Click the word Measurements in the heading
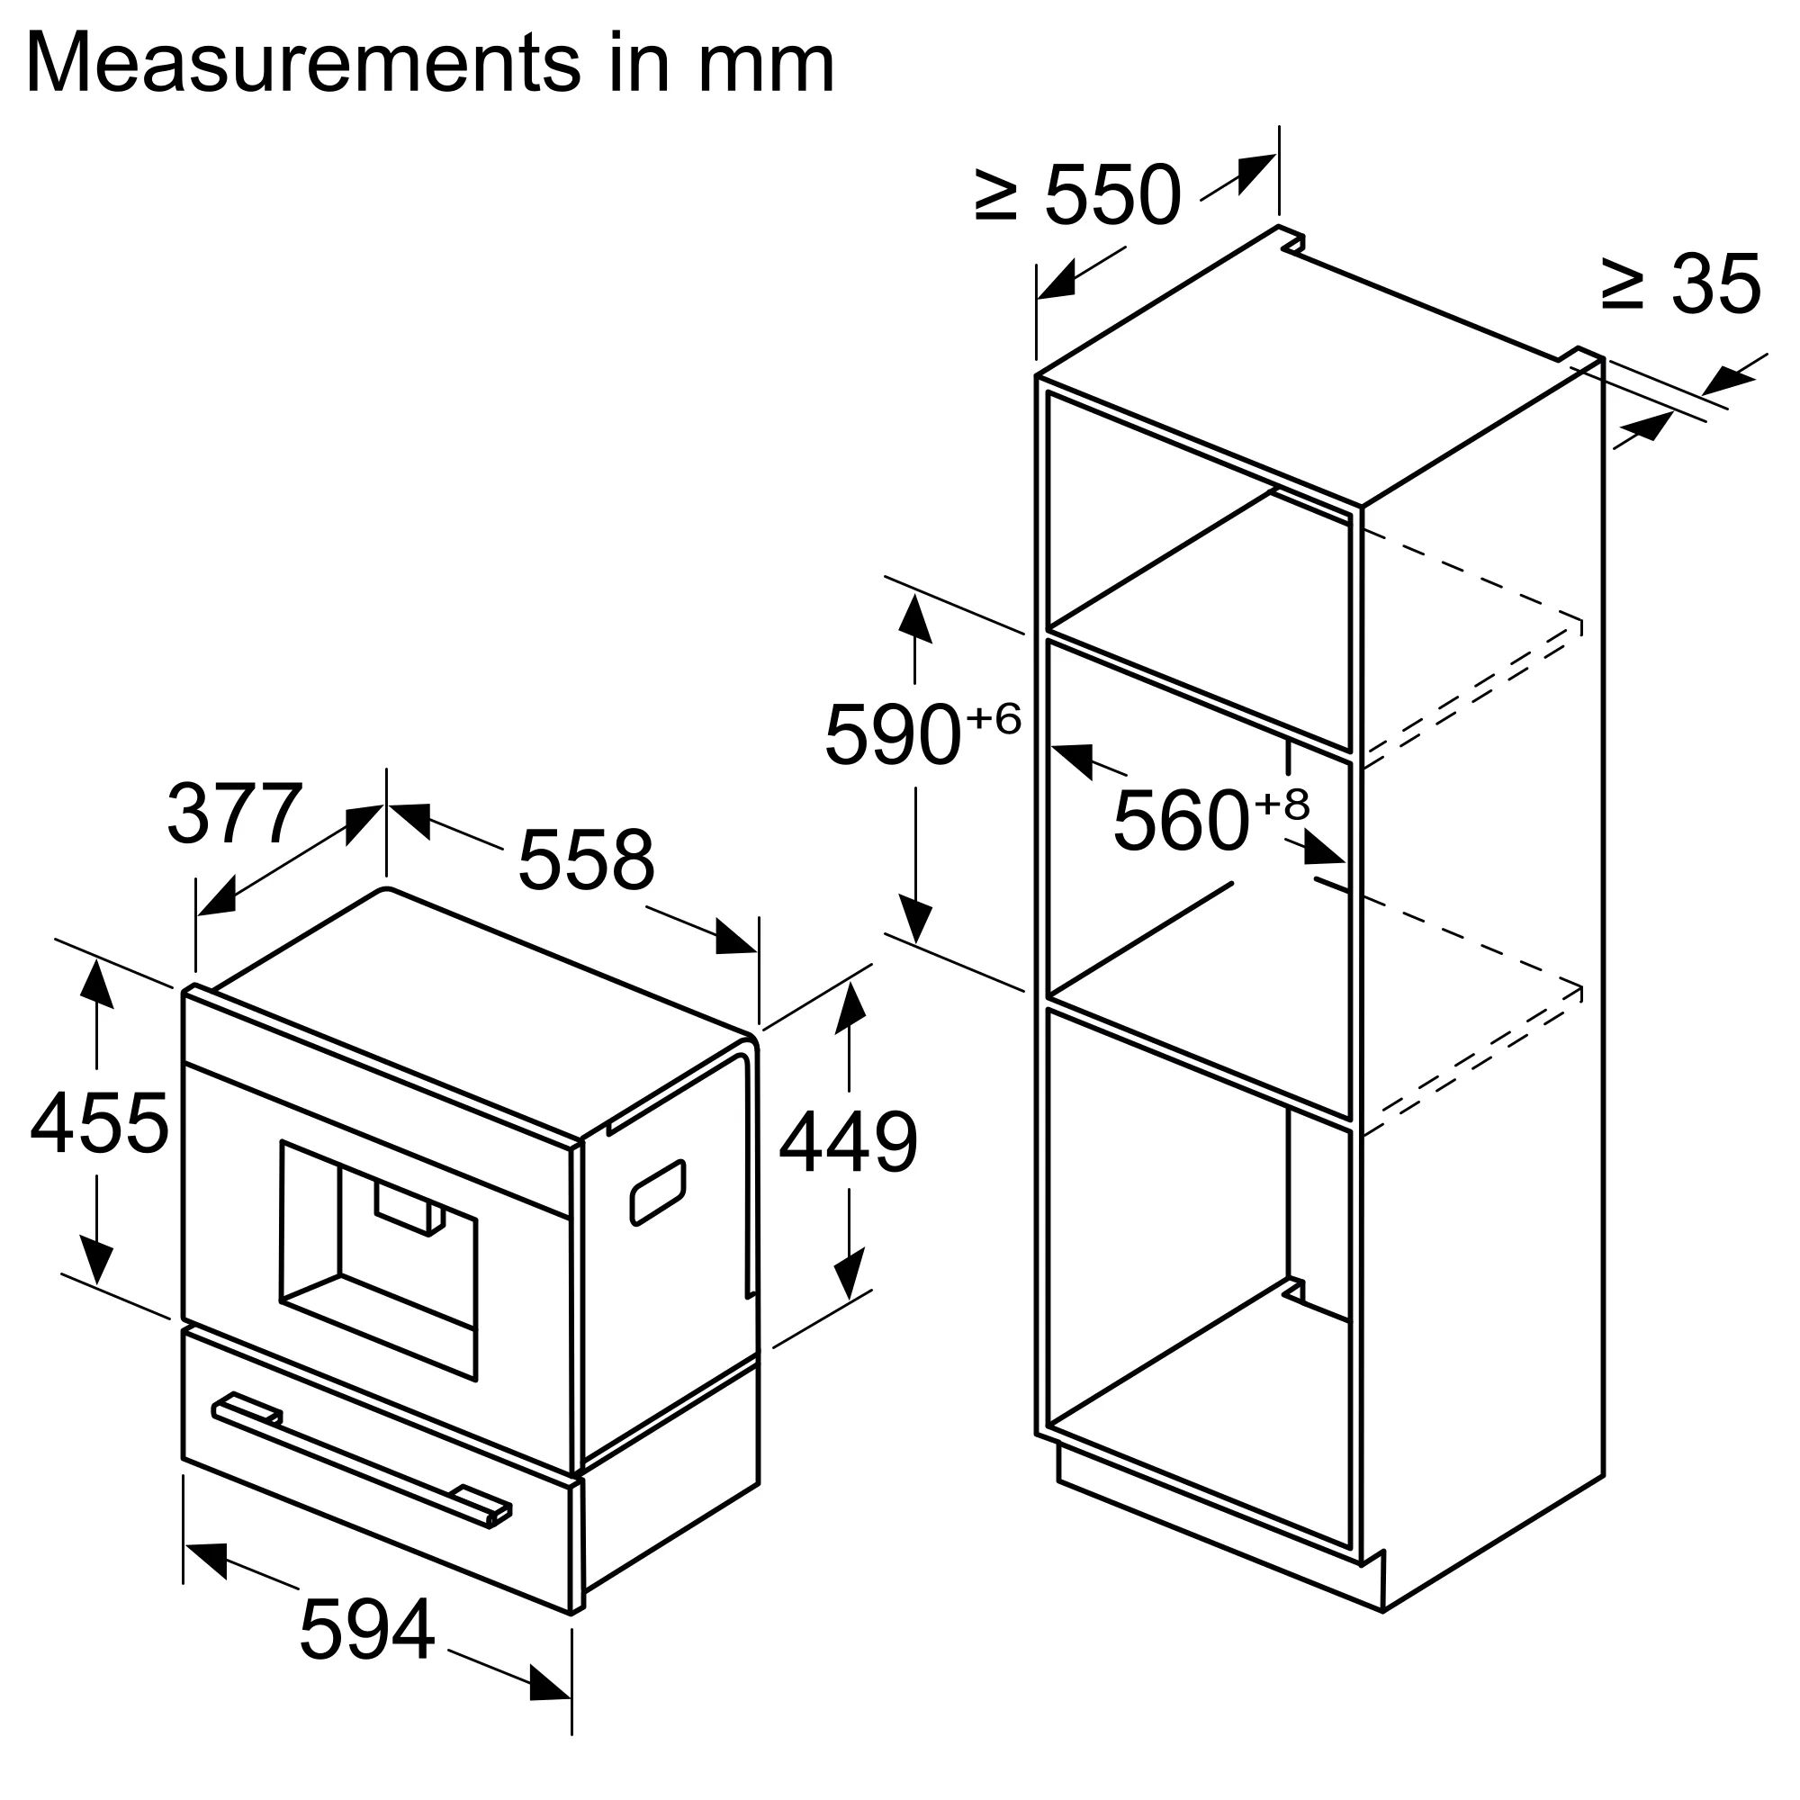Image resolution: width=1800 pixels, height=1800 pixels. pyautogui.click(x=303, y=63)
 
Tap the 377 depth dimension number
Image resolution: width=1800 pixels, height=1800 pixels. pyautogui.click(x=235, y=814)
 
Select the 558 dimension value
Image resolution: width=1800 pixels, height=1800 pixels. pyautogui.click(x=586, y=859)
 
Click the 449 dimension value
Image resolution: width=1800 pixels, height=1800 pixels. pyautogui.click(x=848, y=1143)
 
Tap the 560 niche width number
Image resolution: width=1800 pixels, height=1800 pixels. pyautogui.click(x=1181, y=821)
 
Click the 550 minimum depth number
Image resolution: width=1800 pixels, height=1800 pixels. pyautogui.click(x=1112, y=195)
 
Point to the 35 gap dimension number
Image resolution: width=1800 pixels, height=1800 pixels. pyautogui.click(x=1715, y=283)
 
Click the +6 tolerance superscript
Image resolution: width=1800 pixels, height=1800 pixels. pyautogui.click(x=994, y=718)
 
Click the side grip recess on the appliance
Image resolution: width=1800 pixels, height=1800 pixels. pyautogui.click(x=658, y=1192)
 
